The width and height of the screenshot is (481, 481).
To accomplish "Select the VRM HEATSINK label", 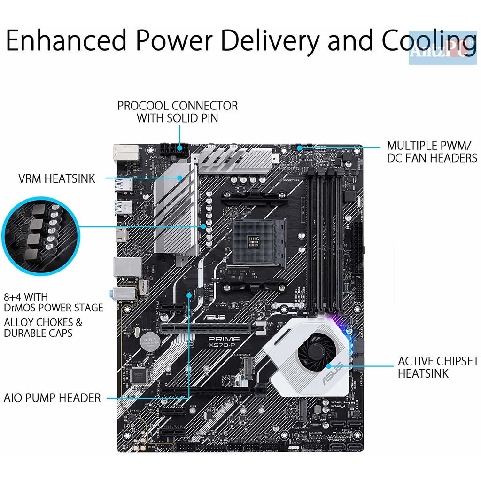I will point(57,178).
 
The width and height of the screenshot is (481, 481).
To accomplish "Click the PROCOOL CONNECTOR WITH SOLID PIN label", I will point(178,112).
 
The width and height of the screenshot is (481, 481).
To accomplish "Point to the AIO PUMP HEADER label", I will point(52,398).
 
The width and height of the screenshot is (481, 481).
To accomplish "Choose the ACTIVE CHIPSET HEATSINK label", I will point(438,367).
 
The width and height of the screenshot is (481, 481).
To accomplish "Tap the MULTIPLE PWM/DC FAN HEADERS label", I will point(432,152).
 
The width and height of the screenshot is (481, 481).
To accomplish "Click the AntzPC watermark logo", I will point(442,47).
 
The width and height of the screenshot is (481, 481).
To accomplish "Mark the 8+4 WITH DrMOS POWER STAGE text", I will point(53,303).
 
